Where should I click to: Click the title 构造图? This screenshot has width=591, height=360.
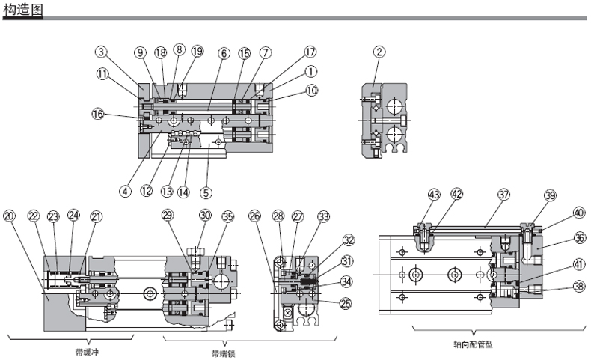pos(23,9)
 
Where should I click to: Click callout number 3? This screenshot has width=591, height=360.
pos(101,52)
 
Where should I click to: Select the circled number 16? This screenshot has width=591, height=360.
pos(98,114)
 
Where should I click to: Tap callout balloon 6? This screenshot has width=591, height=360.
pos(224,53)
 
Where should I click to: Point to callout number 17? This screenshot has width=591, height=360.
pos(310,52)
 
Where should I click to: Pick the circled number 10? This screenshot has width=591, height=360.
pos(311,90)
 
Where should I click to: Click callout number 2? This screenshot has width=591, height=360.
pos(379,52)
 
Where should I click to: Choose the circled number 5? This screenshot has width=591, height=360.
pos(206,192)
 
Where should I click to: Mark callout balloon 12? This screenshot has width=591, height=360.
pos(147,190)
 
